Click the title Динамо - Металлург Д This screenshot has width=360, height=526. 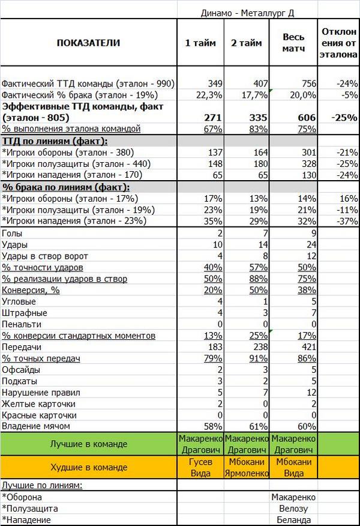[x=250, y=12]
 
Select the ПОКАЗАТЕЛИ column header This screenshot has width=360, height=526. [x=88, y=43]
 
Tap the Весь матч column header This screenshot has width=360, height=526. [x=294, y=42]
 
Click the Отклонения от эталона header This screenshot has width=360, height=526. [x=339, y=42]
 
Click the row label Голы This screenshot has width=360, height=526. [x=13, y=233]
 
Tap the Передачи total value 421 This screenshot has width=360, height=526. [x=307, y=347]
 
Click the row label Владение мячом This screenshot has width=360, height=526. [x=37, y=426]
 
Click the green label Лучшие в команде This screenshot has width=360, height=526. [x=88, y=444]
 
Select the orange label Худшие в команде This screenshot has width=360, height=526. [x=88, y=467]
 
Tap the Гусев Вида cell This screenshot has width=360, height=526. [x=200, y=467]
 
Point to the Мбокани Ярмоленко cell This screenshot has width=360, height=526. [x=247, y=467]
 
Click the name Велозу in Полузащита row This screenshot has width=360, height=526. [x=293, y=509]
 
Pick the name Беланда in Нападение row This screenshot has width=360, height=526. [x=293, y=520]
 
